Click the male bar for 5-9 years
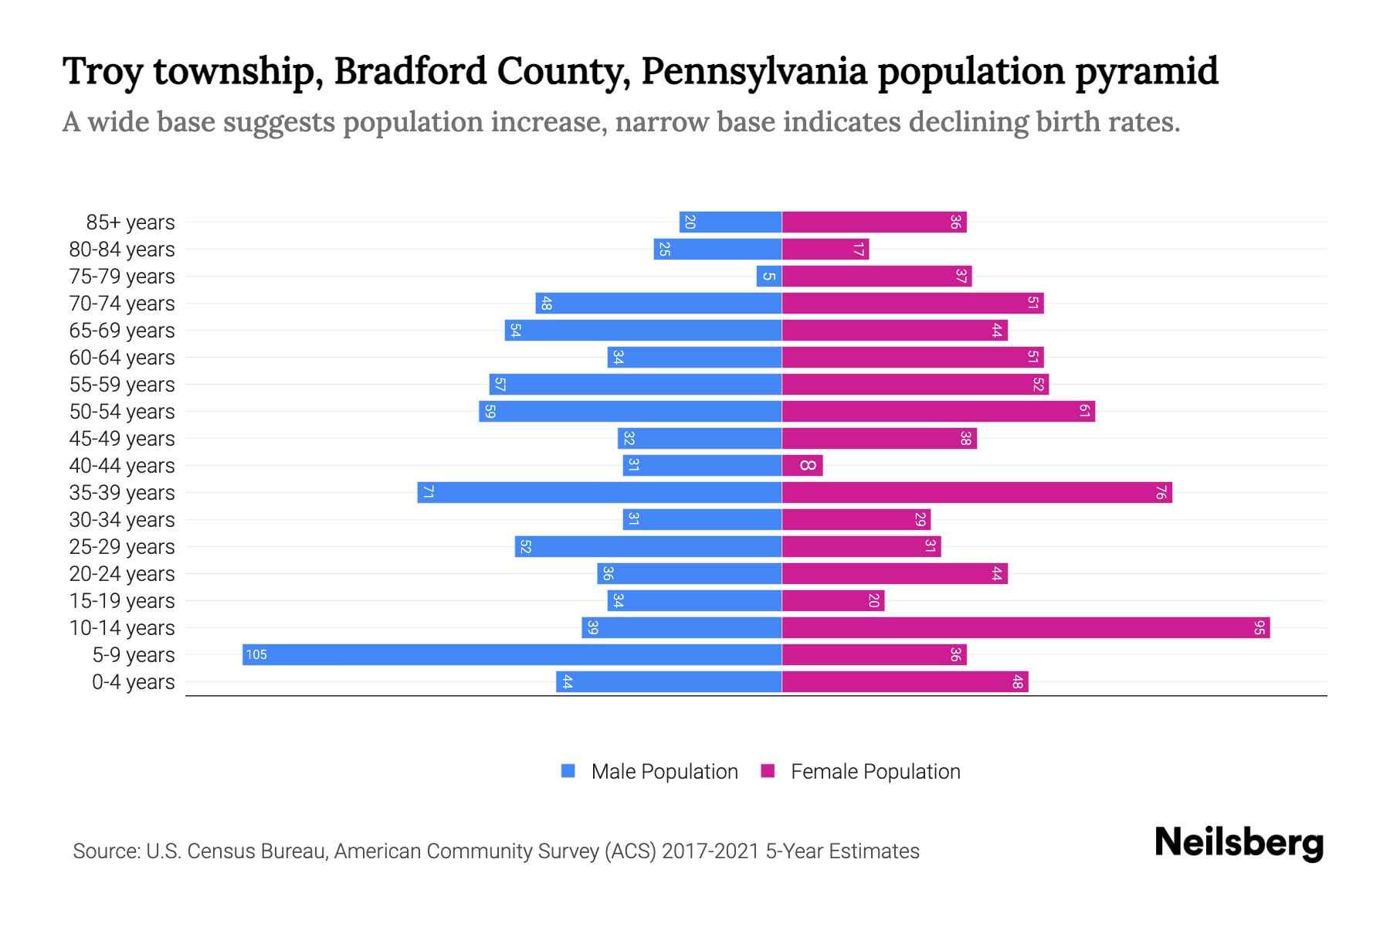[x=511, y=655]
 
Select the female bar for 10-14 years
[x=1026, y=628]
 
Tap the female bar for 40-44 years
[x=802, y=466]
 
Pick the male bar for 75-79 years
[x=769, y=277]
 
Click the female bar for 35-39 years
[x=977, y=493]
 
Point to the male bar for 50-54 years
[x=630, y=412]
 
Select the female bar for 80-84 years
[x=826, y=250]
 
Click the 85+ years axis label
[x=131, y=222]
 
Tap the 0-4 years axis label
[x=134, y=682]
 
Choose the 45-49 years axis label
[x=122, y=439]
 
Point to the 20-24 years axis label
[x=122, y=574]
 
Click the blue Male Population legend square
[x=568, y=771]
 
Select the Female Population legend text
[x=875, y=772]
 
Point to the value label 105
[x=256, y=655]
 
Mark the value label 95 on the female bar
[x=1259, y=628]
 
